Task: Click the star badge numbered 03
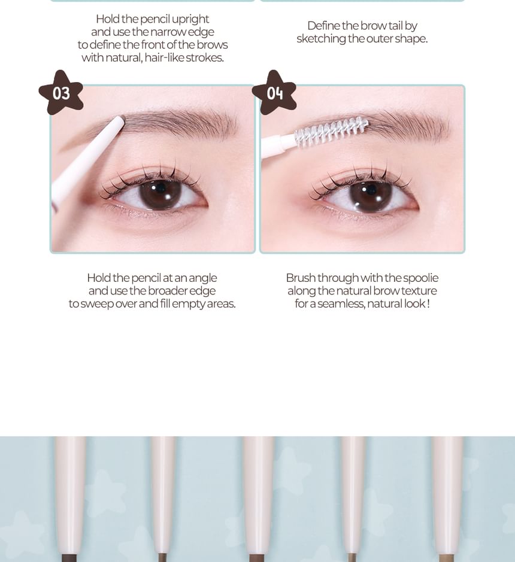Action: [x=61, y=93]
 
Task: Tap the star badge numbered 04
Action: [x=274, y=93]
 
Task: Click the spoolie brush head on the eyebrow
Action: [x=331, y=131]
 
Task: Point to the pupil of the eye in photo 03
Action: [x=160, y=188]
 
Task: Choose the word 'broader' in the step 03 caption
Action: [x=168, y=291]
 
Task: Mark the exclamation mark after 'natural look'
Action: [x=428, y=304]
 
